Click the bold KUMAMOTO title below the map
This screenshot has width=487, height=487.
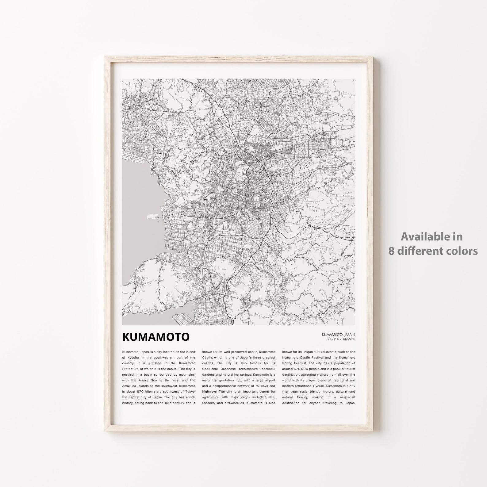coord(156,337)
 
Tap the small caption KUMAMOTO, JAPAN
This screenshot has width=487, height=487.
coord(338,334)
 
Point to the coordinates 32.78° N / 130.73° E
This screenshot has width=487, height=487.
coord(341,339)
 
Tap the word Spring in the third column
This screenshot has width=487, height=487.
coord(288,363)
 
